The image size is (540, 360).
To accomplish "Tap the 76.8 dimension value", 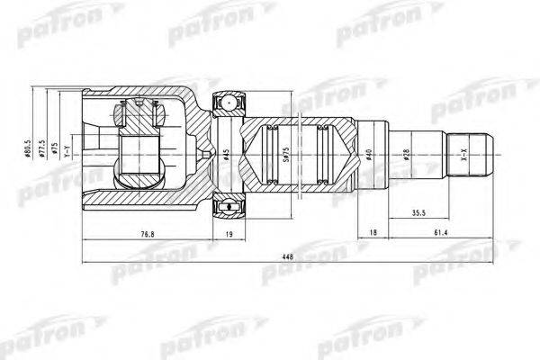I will (146, 235).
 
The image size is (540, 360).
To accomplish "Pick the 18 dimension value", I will (373, 235).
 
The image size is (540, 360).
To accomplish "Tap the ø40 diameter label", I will (370, 155).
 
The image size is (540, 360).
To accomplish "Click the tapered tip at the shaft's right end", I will (486, 155).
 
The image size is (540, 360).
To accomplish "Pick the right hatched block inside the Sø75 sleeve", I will (324, 155).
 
